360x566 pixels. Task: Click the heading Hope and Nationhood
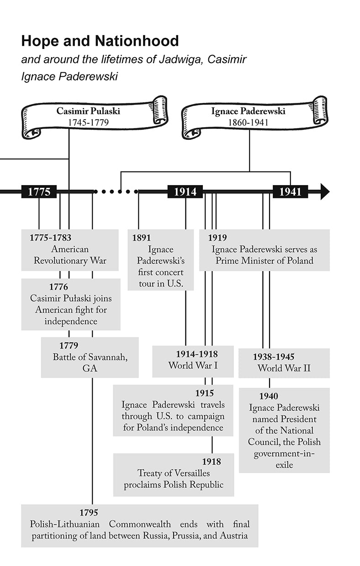[x=100, y=42]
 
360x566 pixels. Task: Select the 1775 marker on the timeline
[x=39, y=192]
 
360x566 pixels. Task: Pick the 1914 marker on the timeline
[x=185, y=192]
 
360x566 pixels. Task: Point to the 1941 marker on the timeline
[x=290, y=192]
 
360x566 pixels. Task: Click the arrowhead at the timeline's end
[x=324, y=192]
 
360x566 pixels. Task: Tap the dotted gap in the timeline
[x=116, y=192]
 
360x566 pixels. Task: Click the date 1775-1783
[x=50, y=238]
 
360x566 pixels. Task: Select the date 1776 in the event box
[x=58, y=287]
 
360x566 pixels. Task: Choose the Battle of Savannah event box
[x=90, y=357]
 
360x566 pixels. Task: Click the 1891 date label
[x=141, y=238]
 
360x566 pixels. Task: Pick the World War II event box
[x=284, y=363]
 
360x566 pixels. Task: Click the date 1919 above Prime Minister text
[x=217, y=238]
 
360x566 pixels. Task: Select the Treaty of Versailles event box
[x=174, y=475]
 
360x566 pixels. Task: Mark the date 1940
[x=269, y=396]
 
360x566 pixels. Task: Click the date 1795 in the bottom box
[x=89, y=513]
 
